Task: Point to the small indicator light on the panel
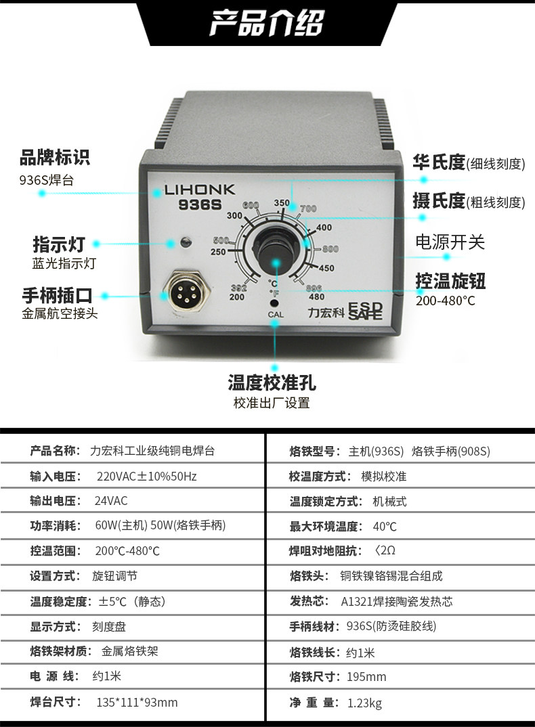[185, 242]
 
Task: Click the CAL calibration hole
[274, 304]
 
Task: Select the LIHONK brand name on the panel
[200, 190]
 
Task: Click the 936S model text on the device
[200, 205]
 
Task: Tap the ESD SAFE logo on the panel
[365, 311]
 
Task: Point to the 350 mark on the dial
[281, 202]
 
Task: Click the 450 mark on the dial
[326, 268]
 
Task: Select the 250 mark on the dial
[218, 252]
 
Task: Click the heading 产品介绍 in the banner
[267, 23]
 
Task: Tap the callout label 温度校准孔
[272, 383]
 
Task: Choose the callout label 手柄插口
[57, 295]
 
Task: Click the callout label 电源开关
[450, 242]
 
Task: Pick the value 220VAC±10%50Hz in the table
[147, 476]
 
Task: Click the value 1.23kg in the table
[365, 703]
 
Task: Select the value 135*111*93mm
[137, 703]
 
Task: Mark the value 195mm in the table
[366, 677]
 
